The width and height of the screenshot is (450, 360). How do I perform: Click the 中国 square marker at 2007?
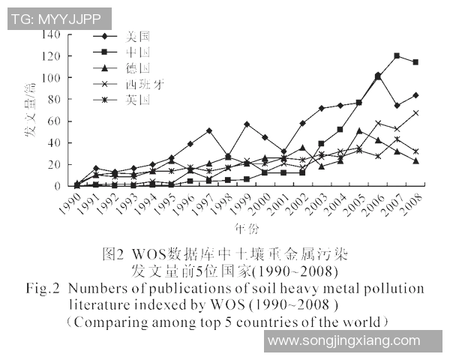[397, 56]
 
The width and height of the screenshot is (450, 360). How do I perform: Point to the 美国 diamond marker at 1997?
[208, 131]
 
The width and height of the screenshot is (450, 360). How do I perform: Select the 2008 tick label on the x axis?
[412, 203]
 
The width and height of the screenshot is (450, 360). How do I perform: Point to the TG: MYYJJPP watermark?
[58, 19]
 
